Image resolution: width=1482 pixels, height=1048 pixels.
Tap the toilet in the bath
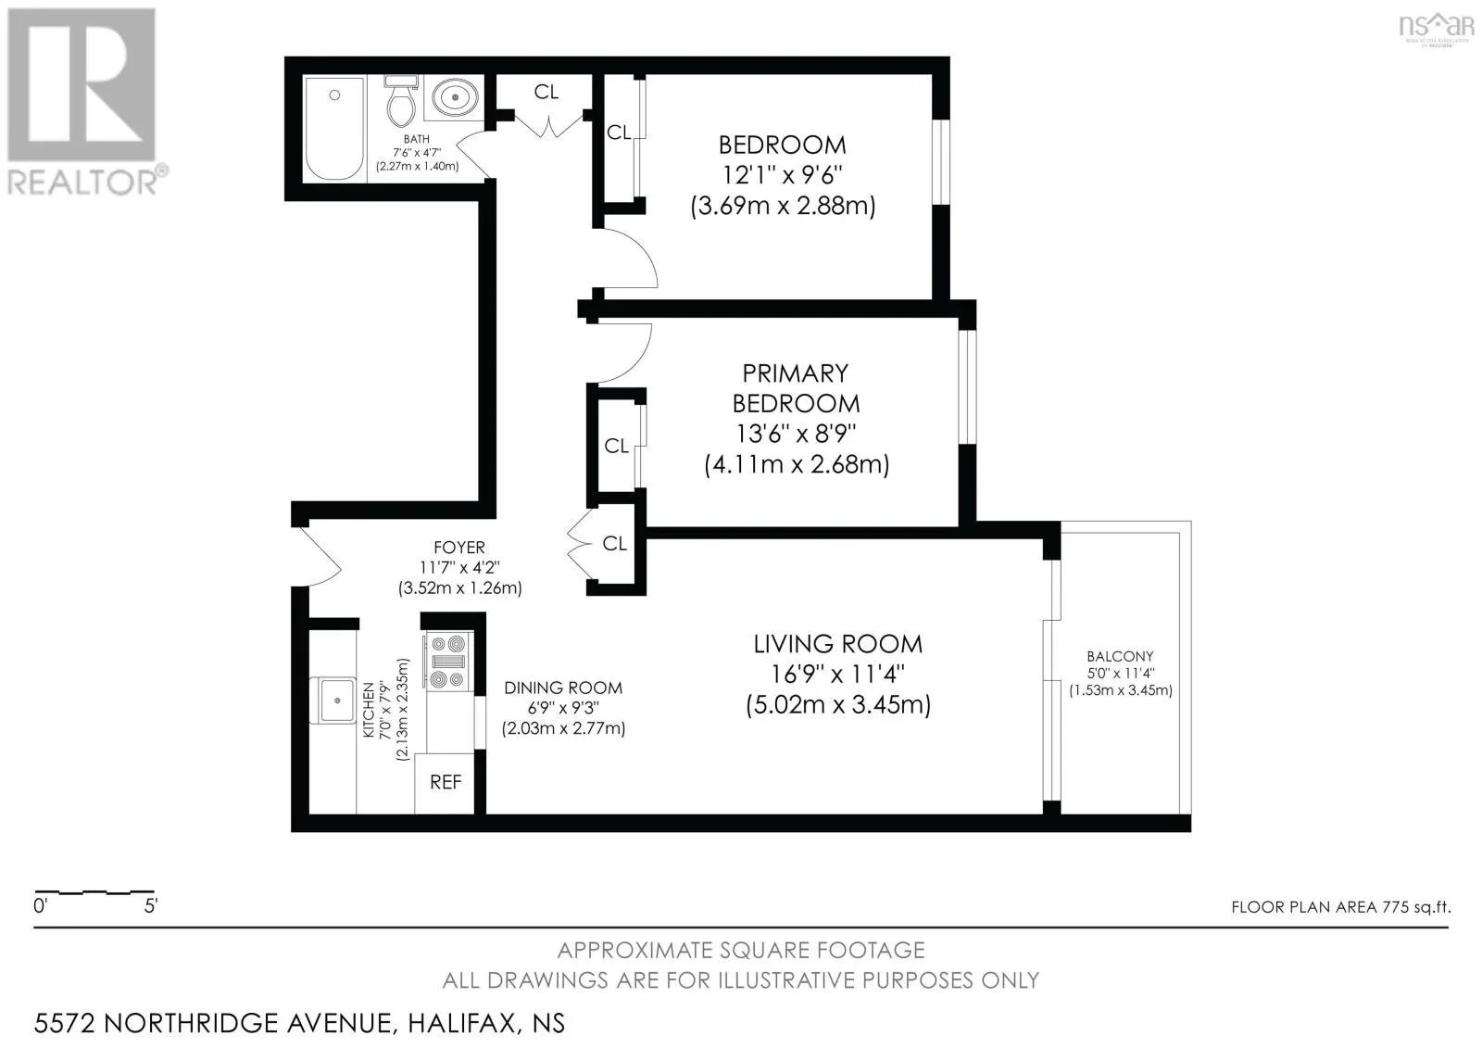point(401,102)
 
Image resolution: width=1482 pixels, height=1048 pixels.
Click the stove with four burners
point(448,662)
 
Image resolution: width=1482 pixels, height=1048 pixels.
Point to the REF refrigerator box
point(446,782)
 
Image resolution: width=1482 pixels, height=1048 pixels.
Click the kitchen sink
point(336,700)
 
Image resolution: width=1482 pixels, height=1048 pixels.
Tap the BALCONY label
point(1120,656)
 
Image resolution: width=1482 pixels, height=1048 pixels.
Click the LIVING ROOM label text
point(837,644)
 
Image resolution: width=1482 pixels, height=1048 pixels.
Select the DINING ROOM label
point(563,688)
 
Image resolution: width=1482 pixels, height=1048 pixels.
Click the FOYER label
point(459,548)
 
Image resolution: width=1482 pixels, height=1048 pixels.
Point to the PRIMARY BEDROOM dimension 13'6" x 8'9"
point(796,434)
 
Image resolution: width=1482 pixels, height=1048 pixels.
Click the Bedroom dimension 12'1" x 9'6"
point(783,174)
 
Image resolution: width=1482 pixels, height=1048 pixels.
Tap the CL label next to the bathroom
point(546,92)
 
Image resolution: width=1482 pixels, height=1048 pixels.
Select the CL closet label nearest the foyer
point(614,544)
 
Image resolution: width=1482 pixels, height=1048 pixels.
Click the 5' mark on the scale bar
point(151,905)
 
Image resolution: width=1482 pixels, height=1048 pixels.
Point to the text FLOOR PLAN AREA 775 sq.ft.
point(1340,907)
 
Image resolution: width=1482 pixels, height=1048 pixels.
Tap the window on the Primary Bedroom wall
point(966,385)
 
